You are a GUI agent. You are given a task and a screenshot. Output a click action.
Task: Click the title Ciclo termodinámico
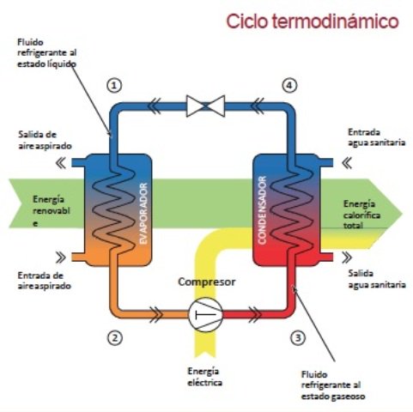coord(312,21)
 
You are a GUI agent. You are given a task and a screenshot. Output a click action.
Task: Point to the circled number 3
coord(297,337)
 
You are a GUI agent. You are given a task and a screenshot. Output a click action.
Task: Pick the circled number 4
coord(289,85)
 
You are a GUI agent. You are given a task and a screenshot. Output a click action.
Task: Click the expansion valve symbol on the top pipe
coord(205,106)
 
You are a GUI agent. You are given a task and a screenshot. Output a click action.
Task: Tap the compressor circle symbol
coord(205,314)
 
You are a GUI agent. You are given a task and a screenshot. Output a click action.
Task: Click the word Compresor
coord(206,282)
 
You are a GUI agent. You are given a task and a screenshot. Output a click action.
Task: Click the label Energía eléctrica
coord(205,376)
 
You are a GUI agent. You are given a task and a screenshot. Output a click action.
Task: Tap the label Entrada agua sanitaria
coord(370,137)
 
